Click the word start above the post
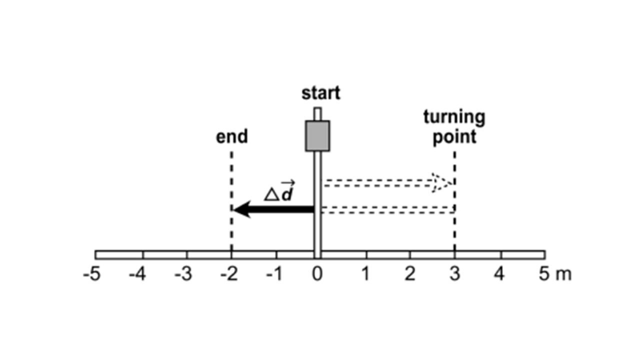click(x=320, y=93)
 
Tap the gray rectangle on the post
click(x=317, y=135)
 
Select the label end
click(x=231, y=136)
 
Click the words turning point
click(x=454, y=127)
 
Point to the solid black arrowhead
click(x=241, y=209)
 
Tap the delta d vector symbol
click(x=279, y=193)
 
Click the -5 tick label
click(x=91, y=274)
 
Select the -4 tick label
click(x=137, y=274)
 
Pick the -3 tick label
click(x=183, y=274)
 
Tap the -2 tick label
click(x=228, y=274)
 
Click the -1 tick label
click(x=274, y=274)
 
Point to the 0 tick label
click(x=317, y=274)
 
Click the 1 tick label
click(x=366, y=274)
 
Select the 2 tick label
click(x=410, y=274)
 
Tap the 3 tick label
click(x=454, y=274)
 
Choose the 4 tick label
click(x=499, y=274)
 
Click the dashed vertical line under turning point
click(x=454, y=230)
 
